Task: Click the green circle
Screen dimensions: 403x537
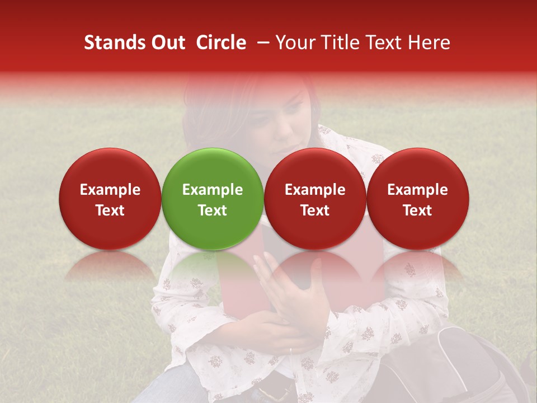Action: pyautogui.click(x=213, y=199)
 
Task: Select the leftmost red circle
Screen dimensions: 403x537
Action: pyautogui.click(x=110, y=199)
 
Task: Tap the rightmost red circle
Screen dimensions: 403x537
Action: pyautogui.click(x=417, y=199)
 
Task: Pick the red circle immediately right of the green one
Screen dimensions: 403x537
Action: pyautogui.click(x=315, y=199)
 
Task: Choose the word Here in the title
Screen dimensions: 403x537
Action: pyautogui.click(x=430, y=43)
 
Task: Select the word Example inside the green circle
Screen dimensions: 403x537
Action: pyautogui.click(x=213, y=190)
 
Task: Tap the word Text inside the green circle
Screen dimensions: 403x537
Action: pyautogui.click(x=213, y=210)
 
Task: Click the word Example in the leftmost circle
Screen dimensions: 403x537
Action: pyautogui.click(x=110, y=190)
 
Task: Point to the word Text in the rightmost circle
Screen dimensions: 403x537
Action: pyautogui.click(x=417, y=210)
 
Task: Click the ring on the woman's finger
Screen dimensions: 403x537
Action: pyautogui.click(x=290, y=351)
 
